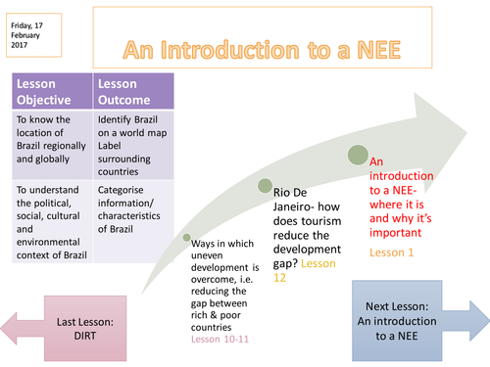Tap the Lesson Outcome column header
[x=130, y=92]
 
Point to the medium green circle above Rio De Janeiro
[x=265, y=186]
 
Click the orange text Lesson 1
[x=392, y=252]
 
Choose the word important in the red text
[x=397, y=233]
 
